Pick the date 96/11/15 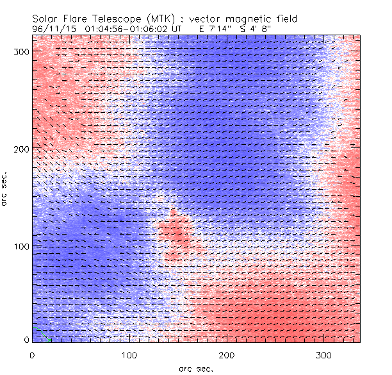[x=53, y=29]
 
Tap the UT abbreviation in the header [x=177, y=29]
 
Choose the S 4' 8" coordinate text [x=256, y=29]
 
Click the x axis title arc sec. [x=196, y=368]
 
